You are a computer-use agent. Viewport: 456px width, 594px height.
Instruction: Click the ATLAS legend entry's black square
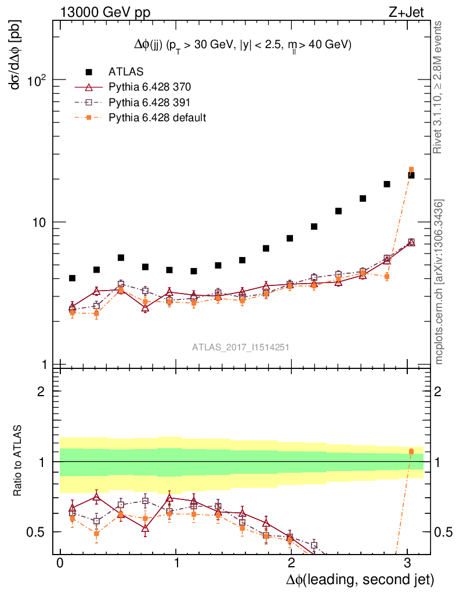[89, 72]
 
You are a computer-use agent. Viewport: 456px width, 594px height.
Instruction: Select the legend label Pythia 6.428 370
[150, 87]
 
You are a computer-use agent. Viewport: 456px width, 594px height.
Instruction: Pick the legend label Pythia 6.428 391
[150, 102]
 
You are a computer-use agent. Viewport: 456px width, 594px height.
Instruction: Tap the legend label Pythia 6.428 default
[157, 117]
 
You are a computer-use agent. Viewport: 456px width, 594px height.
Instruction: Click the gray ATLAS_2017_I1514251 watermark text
[241, 347]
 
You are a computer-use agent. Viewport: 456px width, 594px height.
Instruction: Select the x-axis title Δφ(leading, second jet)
[360, 579]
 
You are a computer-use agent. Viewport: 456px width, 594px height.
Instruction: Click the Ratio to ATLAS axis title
[17, 461]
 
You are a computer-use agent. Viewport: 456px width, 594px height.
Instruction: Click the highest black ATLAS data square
[411, 175]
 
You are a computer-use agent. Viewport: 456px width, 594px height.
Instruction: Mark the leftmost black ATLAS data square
[72, 278]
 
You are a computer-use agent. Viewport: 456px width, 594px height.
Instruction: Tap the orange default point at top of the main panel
[411, 169]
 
